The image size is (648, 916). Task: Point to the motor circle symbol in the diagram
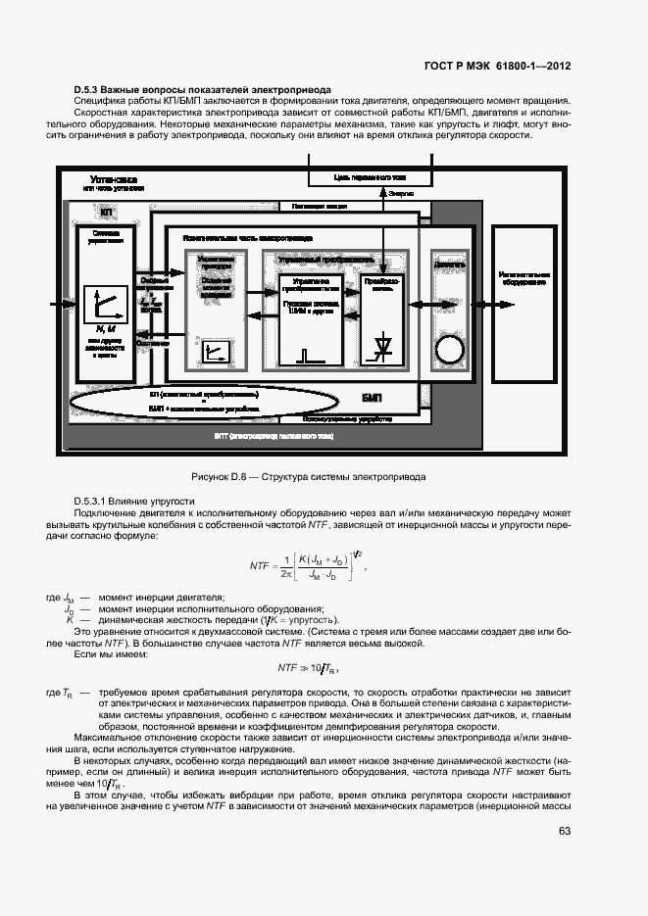pos(450,351)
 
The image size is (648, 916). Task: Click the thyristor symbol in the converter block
pos(382,345)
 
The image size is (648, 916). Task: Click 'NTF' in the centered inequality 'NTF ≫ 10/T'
pos(287,666)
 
